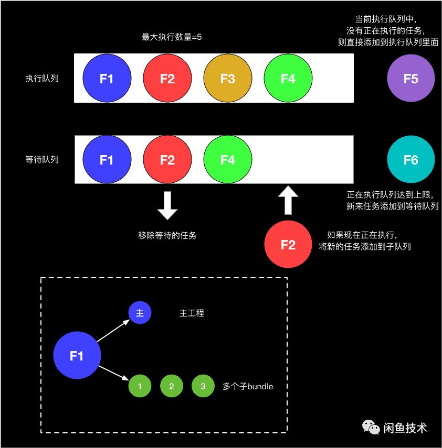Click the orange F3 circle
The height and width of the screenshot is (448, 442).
227,79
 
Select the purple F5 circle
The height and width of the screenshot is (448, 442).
411,79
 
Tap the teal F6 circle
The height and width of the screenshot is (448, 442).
411,160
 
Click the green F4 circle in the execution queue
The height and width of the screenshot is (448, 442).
288,79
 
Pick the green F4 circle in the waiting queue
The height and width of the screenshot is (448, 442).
227,160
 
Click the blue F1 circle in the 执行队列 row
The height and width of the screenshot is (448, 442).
107,79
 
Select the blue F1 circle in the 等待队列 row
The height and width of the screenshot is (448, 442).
107,160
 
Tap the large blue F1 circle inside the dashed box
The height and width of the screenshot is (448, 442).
77,356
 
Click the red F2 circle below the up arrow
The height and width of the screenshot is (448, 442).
288,244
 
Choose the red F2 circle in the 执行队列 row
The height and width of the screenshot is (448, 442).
167,79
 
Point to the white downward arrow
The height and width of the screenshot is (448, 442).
167,205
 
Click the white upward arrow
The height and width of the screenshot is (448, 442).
287,200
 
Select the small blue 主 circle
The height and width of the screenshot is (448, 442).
140,313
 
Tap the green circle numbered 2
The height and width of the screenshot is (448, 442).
171,387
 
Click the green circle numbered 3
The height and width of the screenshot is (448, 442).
203,387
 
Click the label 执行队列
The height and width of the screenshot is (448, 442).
42,79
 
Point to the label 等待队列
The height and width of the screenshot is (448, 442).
42,160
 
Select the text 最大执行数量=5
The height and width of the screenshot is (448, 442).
172,37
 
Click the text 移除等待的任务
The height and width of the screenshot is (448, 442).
167,235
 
